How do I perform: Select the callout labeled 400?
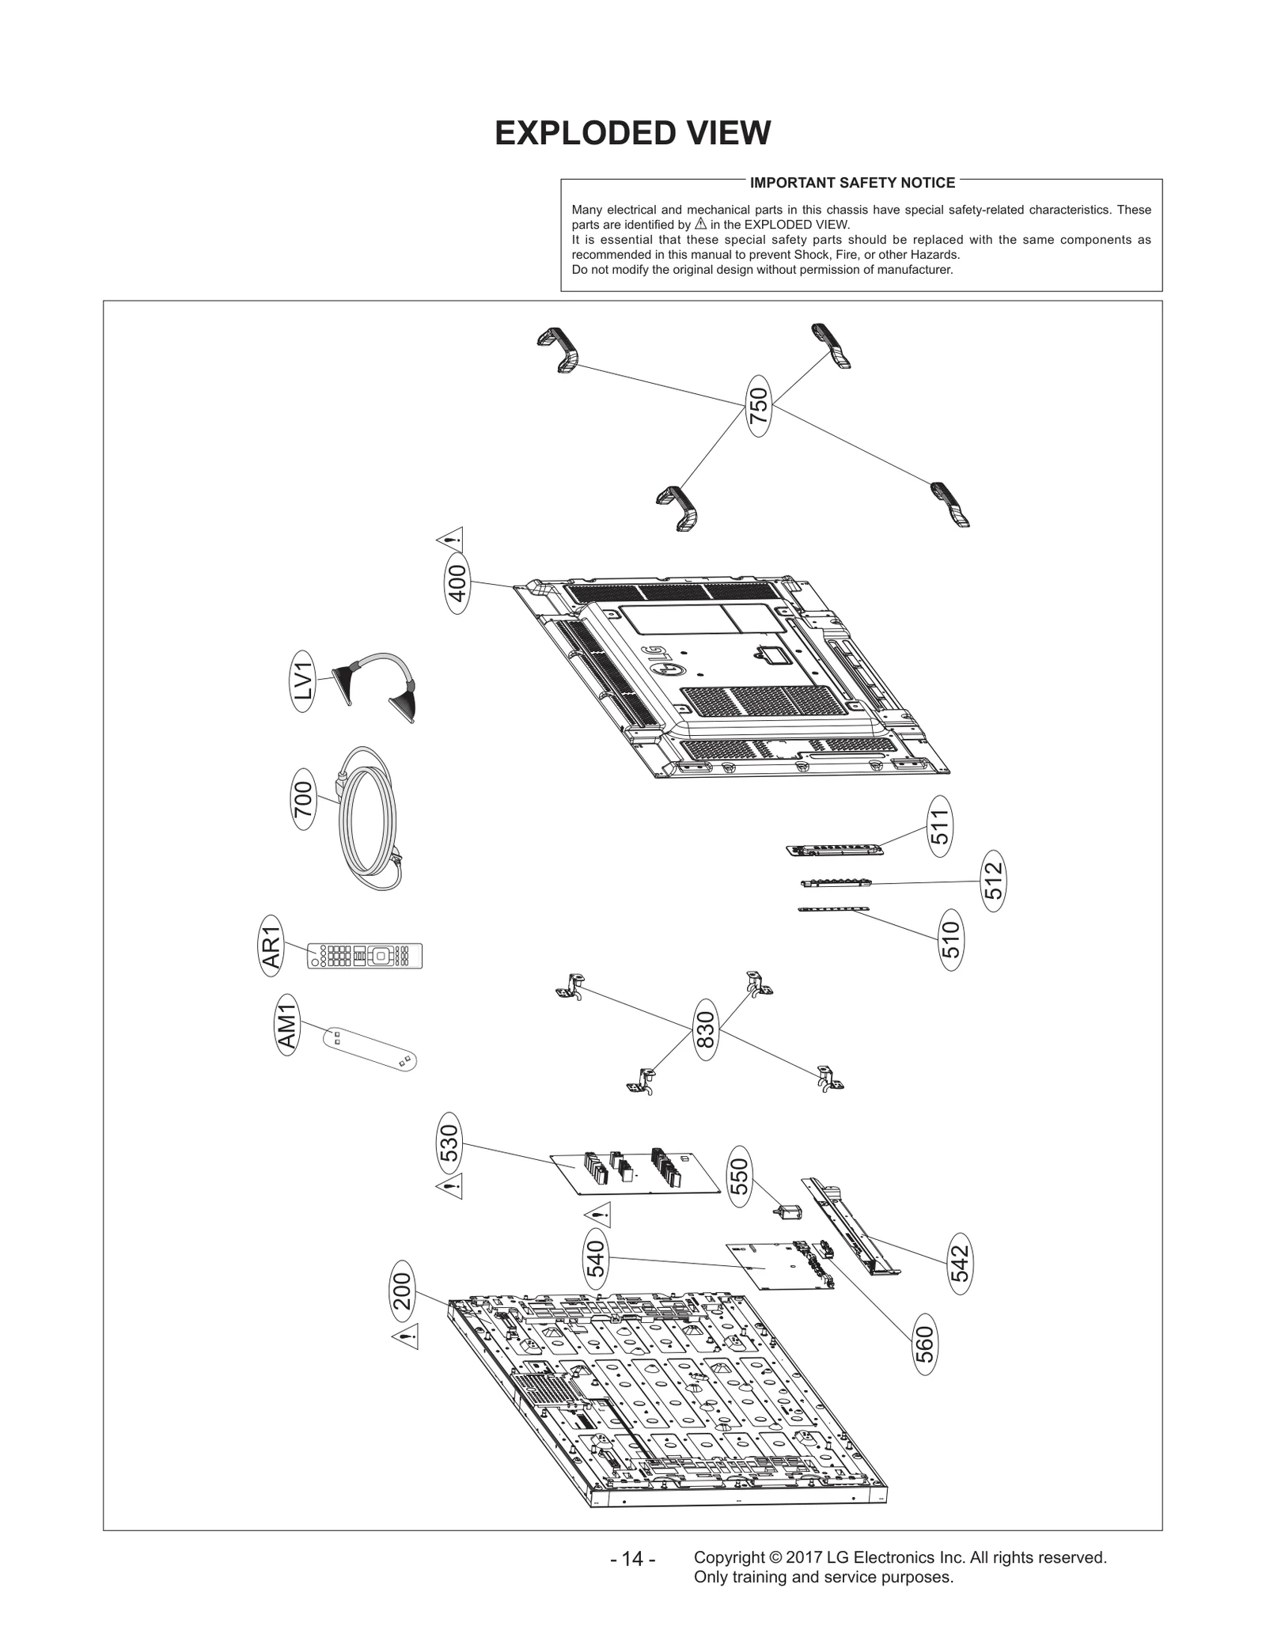[x=457, y=584]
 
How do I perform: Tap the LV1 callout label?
[x=303, y=680]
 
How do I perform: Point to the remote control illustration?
[x=365, y=956]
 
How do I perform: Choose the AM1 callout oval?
[x=288, y=1026]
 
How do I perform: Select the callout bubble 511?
[x=939, y=825]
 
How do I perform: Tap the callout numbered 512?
[x=994, y=881]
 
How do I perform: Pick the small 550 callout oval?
[x=739, y=1177]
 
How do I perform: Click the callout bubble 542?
[x=960, y=1264]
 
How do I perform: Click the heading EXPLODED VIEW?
[x=632, y=134]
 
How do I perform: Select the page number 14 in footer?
[x=632, y=1559]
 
